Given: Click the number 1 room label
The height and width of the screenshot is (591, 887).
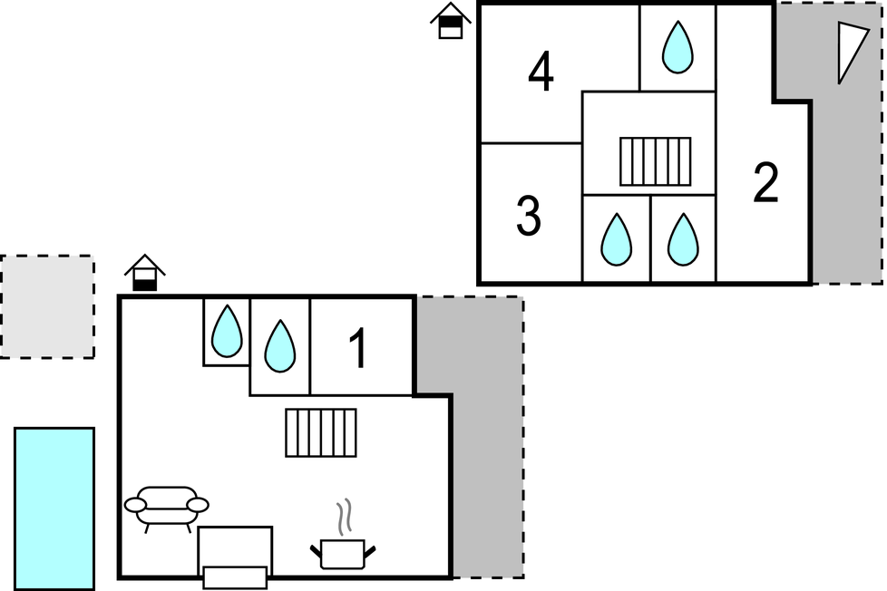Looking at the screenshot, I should pyautogui.click(x=359, y=349).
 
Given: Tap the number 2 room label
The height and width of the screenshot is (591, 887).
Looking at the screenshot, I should pyautogui.click(x=765, y=183).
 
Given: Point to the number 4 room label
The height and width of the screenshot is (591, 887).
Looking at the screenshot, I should pyautogui.click(x=541, y=73).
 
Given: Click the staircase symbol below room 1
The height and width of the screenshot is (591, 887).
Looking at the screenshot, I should pyautogui.click(x=321, y=432).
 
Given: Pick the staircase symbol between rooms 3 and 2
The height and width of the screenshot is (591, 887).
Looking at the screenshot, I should pyautogui.click(x=655, y=160).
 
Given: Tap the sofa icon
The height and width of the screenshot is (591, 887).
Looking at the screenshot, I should pyautogui.click(x=167, y=507).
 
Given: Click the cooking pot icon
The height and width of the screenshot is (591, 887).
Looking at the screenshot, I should pyautogui.click(x=343, y=553).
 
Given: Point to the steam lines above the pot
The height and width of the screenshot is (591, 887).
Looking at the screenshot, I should pyautogui.click(x=344, y=518).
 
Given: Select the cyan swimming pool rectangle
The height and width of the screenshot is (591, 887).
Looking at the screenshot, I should pyautogui.click(x=54, y=508).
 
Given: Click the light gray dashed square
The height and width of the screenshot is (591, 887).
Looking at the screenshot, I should pyautogui.click(x=46, y=306).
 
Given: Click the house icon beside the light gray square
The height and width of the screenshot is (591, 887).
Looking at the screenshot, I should pyautogui.click(x=145, y=273).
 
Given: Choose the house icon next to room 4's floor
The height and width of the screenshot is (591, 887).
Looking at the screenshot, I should pyautogui.click(x=451, y=21).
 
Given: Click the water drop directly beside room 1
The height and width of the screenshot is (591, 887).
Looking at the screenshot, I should pyautogui.click(x=279, y=346).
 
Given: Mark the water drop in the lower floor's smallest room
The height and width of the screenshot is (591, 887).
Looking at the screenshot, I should pyautogui.click(x=226, y=331).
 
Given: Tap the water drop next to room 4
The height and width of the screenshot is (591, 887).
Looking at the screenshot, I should pyautogui.click(x=677, y=47).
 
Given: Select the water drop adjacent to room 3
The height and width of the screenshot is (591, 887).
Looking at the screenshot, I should pyautogui.click(x=616, y=239).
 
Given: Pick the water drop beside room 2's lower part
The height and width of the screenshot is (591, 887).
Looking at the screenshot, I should pyautogui.click(x=683, y=239).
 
